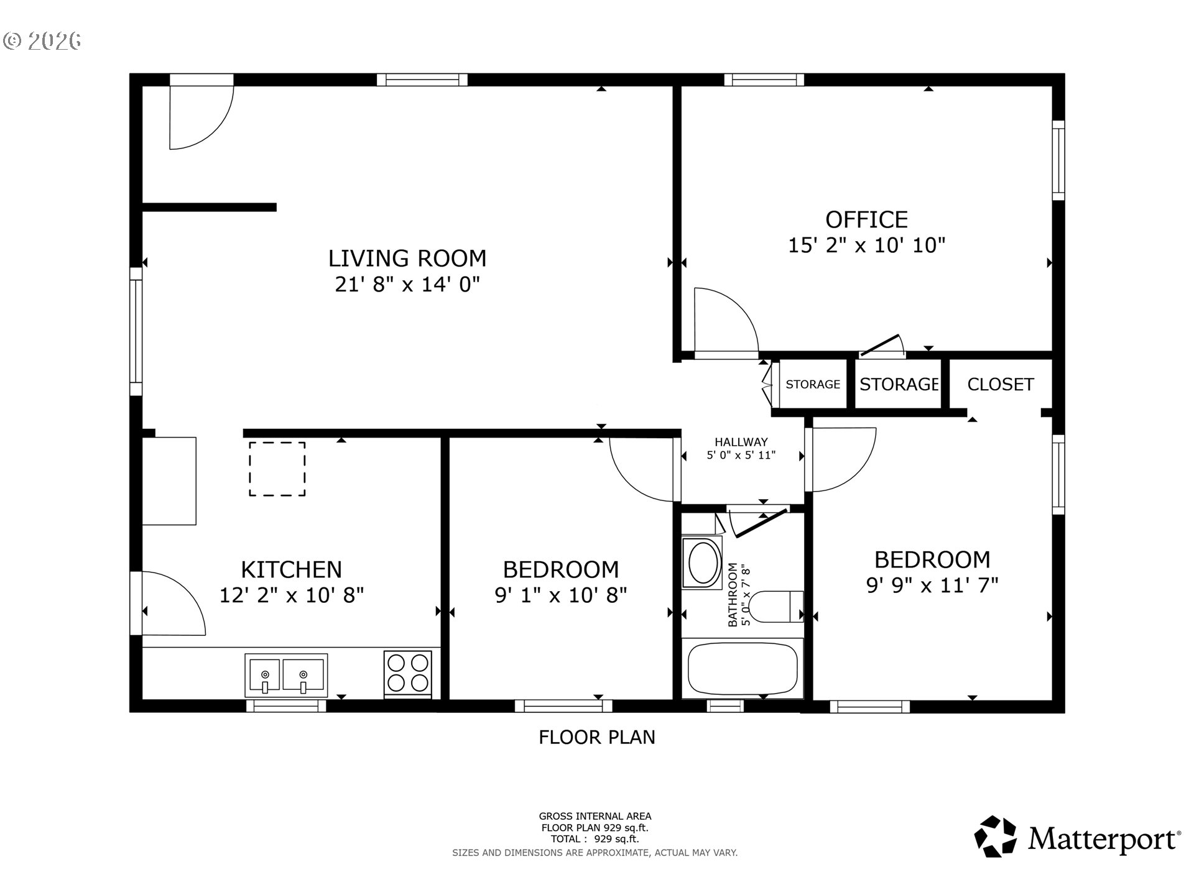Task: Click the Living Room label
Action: (407, 258)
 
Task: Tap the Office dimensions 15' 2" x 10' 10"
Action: (866, 246)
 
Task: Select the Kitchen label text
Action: (291, 569)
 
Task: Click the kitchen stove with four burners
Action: (408, 673)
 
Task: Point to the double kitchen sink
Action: (286, 675)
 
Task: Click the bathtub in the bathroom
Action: (743, 668)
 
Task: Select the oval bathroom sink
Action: (703, 562)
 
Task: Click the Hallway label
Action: (741, 442)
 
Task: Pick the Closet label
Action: (1000, 384)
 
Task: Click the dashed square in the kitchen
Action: (277, 469)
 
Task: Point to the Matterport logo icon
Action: (995, 837)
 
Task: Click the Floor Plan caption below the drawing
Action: (597, 737)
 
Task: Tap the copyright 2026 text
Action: (42, 41)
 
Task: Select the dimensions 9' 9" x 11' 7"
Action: (932, 585)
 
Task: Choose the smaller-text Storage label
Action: (813, 384)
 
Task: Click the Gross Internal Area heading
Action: (595, 816)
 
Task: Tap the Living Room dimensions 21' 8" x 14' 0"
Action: (407, 285)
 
